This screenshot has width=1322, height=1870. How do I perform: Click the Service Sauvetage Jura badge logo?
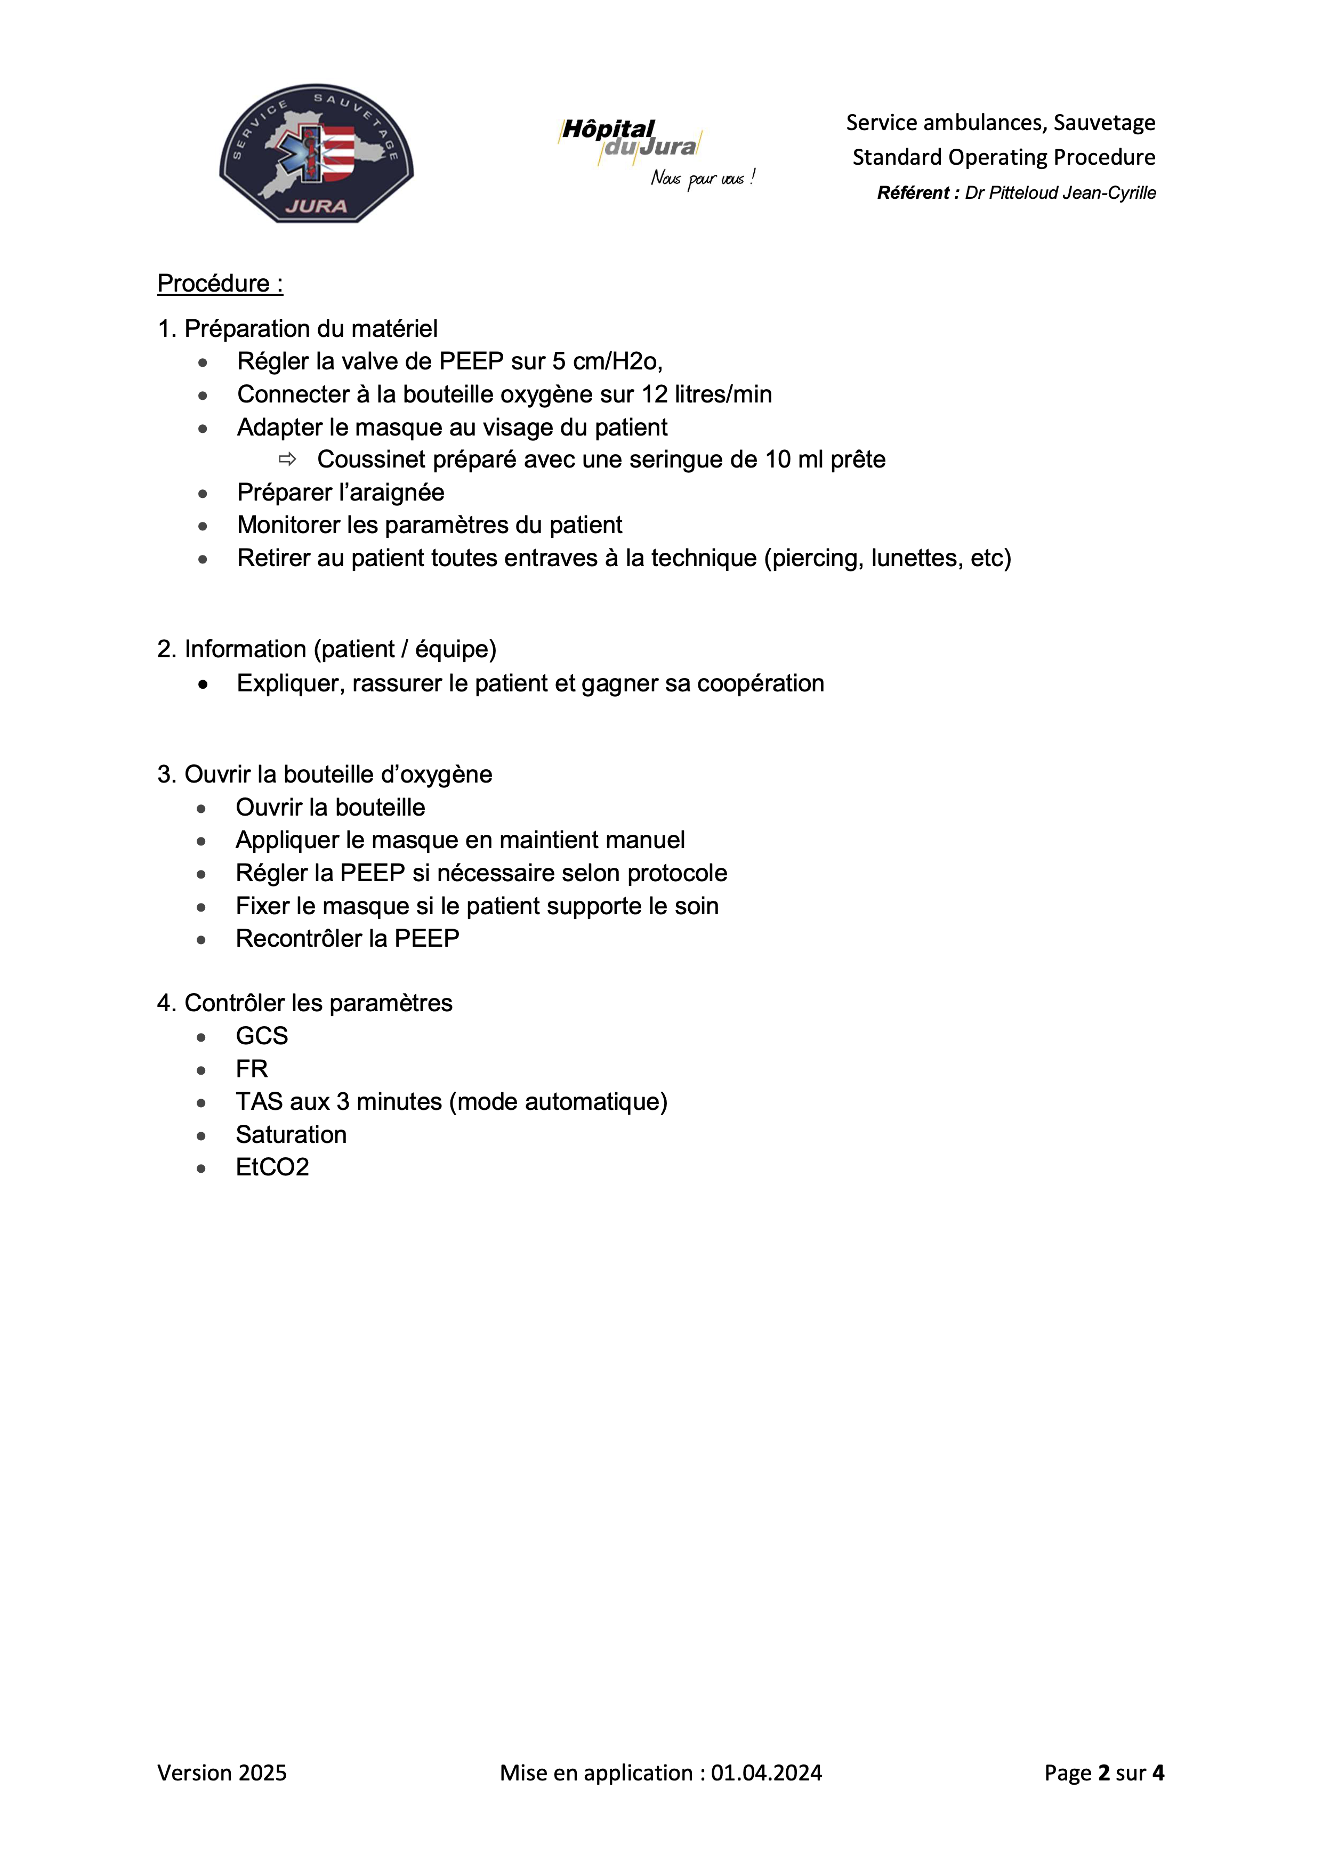click(x=316, y=153)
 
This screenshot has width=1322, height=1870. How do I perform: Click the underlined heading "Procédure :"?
click(x=220, y=284)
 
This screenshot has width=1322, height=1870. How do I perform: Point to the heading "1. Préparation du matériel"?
click(x=297, y=328)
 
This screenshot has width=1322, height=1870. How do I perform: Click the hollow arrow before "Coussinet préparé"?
click(x=287, y=460)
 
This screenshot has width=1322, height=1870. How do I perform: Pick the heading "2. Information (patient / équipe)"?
click(x=327, y=649)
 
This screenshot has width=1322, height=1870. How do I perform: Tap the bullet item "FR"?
click(x=252, y=1069)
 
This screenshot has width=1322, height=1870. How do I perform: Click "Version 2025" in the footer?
click(x=222, y=1773)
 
